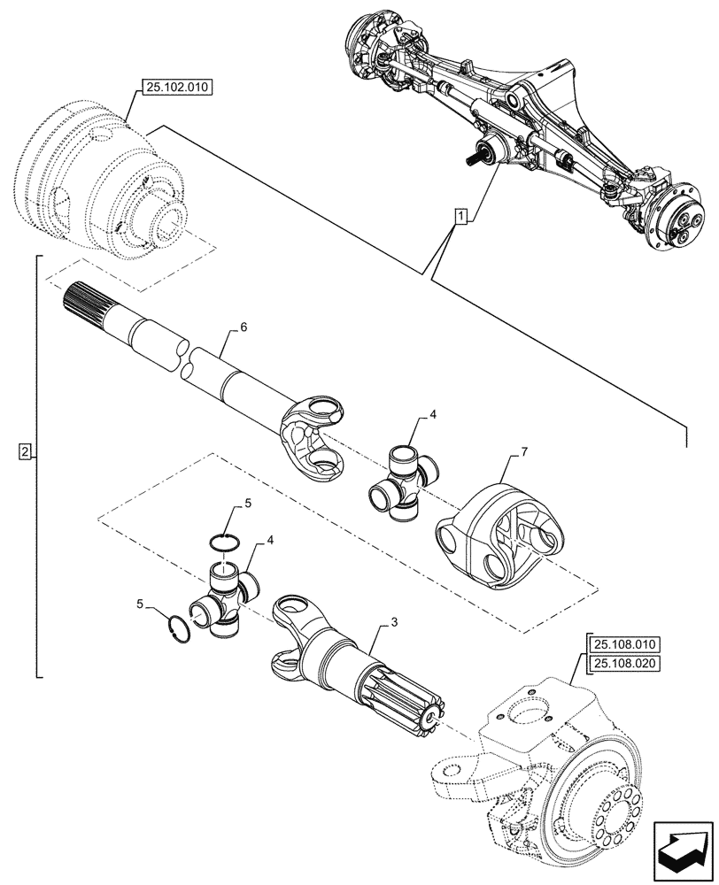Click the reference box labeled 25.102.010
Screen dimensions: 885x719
(170, 88)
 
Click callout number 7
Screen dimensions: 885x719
(523, 452)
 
